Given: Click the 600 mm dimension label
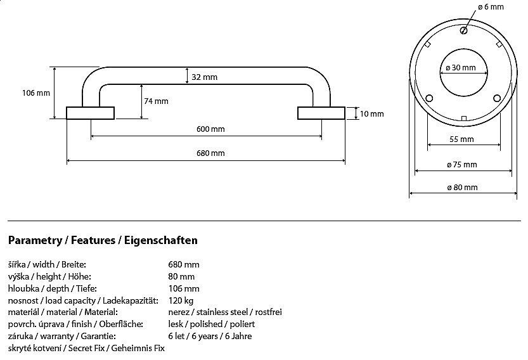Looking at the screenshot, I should [210, 129].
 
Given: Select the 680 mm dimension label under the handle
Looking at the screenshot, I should [210, 153].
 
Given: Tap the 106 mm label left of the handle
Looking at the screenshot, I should [35, 93].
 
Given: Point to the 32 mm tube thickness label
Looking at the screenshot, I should [204, 77].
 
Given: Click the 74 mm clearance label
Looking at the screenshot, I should [156, 101].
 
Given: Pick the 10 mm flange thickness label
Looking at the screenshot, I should [371, 114].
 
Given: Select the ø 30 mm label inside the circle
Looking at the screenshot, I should [461, 67].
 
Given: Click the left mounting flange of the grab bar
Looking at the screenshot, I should [91, 113].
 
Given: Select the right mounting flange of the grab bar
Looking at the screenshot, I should [321, 113].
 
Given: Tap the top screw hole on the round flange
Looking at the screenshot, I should [464, 30].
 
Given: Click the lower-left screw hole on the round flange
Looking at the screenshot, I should [430, 99].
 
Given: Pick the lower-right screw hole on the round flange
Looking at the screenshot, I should [497, 99].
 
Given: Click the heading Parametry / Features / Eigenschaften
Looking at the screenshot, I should [103, 240].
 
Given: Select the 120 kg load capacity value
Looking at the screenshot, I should [181, 300].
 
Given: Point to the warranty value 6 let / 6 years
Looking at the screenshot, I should [210, 336].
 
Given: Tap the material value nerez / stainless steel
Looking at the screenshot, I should [225, 312].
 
